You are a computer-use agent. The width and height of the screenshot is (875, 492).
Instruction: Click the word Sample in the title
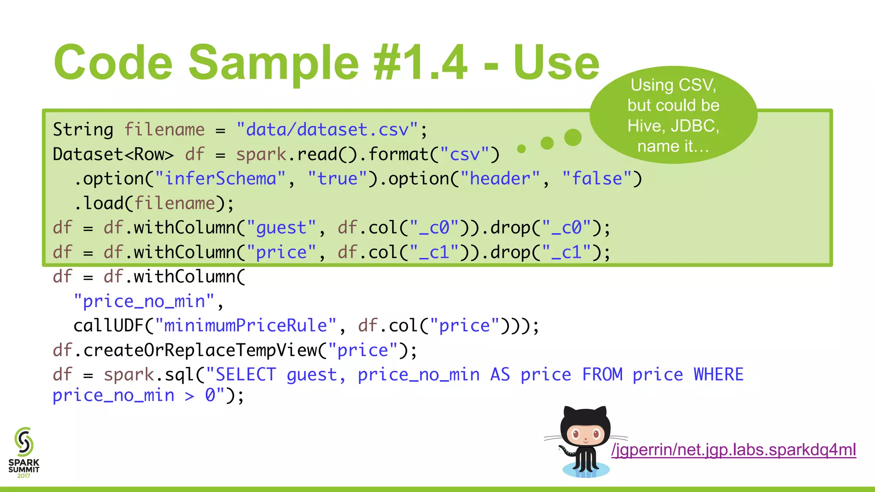[x=273, y=63]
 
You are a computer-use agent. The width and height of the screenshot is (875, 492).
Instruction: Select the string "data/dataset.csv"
[x=327, y=129]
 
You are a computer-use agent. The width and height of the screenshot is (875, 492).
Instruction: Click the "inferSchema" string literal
[x=220, y=179]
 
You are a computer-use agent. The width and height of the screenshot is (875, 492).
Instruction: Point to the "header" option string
[x=500, y=179]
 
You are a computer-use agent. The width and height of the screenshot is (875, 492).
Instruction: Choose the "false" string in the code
[x=597, y=179]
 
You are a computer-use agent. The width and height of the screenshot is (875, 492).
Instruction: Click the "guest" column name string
[x=281, y=228]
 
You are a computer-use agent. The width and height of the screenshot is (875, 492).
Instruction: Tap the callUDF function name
[x=109, y=326]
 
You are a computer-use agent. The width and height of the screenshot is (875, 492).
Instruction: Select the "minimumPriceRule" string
[x=246, y=326]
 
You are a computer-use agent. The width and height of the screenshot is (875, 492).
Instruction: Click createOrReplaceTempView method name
[x=200, y=350]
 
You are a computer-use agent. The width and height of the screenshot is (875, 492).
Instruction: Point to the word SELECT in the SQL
[x=246, y=375]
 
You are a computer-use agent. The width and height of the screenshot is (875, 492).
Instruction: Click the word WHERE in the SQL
[x=718, y=375]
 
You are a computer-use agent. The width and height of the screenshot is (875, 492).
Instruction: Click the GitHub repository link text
[x=734, y=450]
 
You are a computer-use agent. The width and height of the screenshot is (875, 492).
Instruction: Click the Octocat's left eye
[x=575, y=435]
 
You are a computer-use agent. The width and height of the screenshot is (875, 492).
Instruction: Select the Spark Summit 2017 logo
[x=24, y=452]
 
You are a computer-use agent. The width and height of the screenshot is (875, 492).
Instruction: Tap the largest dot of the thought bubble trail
[x=573, y=138]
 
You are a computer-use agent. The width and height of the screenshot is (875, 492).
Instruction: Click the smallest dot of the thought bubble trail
[x=521, y=149]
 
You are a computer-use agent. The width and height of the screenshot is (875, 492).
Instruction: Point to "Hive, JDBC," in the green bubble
[x=673, y=126]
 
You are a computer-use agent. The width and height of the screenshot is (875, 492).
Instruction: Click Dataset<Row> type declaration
[x=113, y=154]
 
